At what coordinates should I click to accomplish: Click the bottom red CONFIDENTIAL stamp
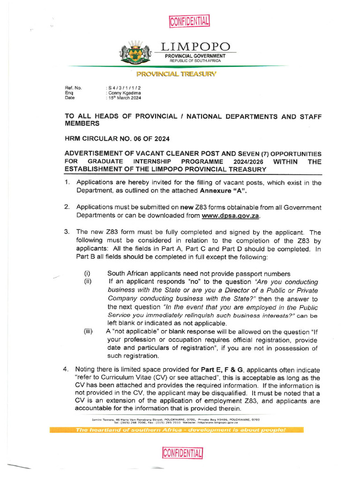pos(182,453)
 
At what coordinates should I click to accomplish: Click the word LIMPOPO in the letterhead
pos(195,47)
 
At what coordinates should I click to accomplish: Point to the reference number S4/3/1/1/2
pos(123,88)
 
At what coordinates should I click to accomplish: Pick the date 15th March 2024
pos(124,97)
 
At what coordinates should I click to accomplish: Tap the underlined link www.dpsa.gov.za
pos(230,216)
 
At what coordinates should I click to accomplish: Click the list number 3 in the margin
pos(67,232)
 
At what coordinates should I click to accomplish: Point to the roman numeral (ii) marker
pos(88,282)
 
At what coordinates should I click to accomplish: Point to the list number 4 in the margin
pos(66,369)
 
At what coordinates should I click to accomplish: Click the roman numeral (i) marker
pos(87,274)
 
